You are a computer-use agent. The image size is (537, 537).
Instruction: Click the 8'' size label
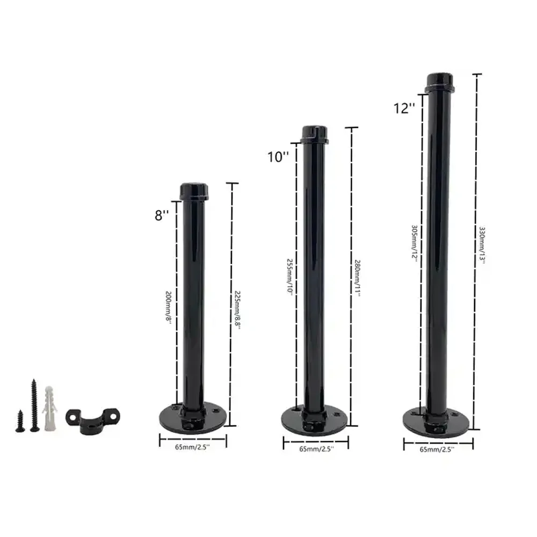pos(162,215)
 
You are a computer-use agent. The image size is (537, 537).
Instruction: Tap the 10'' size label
pos(278,157)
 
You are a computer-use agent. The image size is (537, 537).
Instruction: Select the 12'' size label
pos(404,108)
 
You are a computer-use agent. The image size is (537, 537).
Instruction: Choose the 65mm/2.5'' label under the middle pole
pos(316,448)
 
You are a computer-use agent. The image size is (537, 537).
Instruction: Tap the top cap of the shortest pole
pos(194,191)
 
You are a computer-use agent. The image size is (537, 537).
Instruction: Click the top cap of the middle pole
pos(315,134)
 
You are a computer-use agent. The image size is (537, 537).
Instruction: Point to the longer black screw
pos(34,405)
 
